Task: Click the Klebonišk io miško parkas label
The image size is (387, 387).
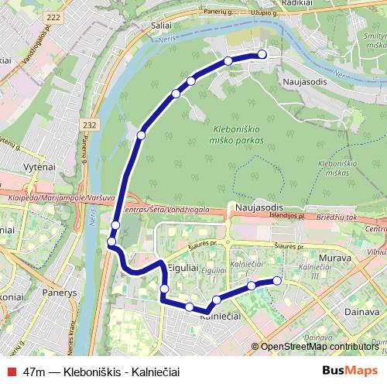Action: tap(235, 135)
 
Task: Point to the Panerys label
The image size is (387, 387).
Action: tap(60, 293)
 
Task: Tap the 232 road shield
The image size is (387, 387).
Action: tap(90, 124)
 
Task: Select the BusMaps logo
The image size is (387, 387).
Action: tap(348, 372)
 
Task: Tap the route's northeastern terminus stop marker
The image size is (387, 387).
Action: tap(262, 54)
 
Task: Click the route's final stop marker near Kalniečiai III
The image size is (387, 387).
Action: tap(277, 280)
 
